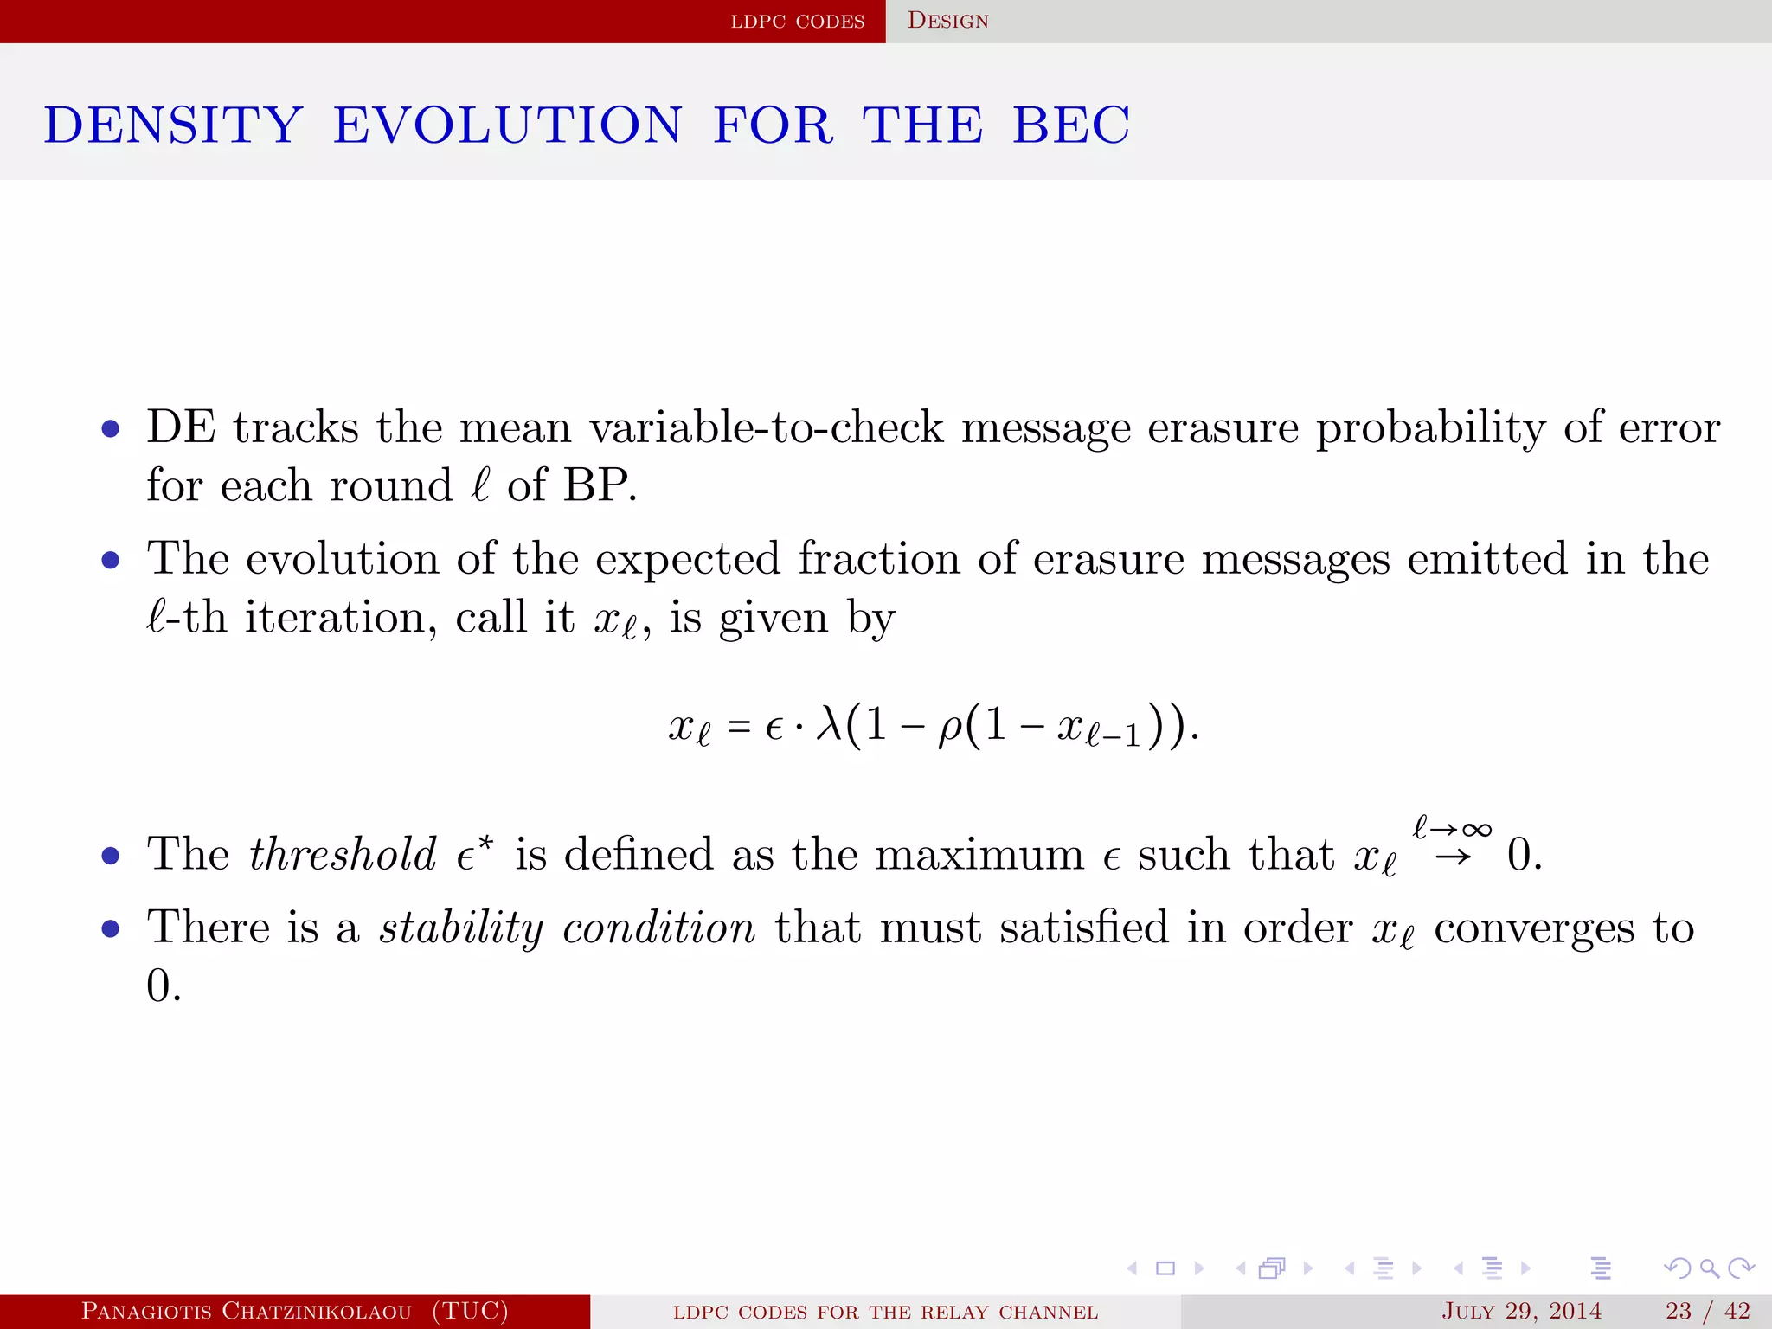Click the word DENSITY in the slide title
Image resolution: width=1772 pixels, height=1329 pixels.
[173, 125]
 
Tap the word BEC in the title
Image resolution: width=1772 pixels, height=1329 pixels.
[1071, 125]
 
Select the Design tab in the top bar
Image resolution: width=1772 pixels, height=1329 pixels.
[947, 21]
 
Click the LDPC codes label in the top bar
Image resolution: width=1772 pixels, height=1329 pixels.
[797, 22]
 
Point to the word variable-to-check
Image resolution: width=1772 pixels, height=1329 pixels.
[767, 427]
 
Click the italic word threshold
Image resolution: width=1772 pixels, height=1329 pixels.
[343, 855]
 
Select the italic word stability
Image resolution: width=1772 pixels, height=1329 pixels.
[461, 928]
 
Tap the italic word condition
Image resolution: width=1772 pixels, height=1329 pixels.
[659, 928]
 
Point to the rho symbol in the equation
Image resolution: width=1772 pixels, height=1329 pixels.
[950, 727]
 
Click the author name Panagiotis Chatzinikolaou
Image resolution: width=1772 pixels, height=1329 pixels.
[247, 1311]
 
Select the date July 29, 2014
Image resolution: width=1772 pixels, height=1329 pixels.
[1521, 1311]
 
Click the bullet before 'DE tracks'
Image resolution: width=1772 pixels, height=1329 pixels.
[110, 429]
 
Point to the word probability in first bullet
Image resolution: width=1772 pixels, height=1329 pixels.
[1430, 427]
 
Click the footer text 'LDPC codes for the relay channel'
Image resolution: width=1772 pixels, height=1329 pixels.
[885, 1312]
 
